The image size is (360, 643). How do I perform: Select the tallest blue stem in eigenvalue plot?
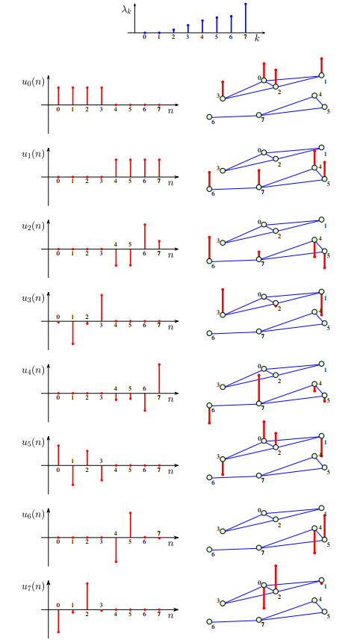click(x=245, y=19)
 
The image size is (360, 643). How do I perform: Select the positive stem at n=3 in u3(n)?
click(x=102, y=308)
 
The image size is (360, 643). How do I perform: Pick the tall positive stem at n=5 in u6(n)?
click(x=131, y=525)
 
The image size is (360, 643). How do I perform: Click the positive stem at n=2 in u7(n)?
click(x=87, y=596)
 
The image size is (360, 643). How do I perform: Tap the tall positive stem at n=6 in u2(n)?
click(x=145, y=236)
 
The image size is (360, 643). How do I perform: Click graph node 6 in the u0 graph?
click(x=209, y=117)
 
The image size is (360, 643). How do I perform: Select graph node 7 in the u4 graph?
click(x=259, y=404)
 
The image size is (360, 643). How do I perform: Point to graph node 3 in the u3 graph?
click(x=223, y=314)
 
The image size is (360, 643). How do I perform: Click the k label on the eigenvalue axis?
click(x=257, y=38)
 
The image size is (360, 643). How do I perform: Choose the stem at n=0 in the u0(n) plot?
click(x=58, y=96)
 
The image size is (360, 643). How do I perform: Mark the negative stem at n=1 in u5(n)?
click(x=72, y=476)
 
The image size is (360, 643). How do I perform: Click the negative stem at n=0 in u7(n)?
click(x=58, y=621)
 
